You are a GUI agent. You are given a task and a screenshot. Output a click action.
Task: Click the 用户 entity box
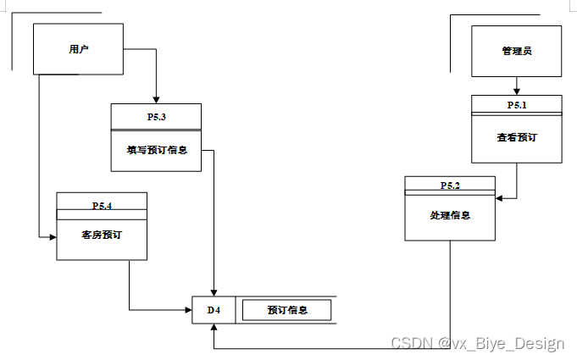coord(78,49)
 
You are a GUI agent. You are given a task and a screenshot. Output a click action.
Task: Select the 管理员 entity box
coord(516,51)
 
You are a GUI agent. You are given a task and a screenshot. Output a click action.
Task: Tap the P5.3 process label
coord(156,116)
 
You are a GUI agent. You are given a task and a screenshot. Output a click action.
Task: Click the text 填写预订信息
coord(157,150)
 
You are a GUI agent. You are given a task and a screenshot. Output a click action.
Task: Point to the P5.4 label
coord(102,204)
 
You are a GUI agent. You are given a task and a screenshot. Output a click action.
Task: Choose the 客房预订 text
coord(102,234)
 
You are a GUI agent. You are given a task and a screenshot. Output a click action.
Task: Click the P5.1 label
coord(517,105)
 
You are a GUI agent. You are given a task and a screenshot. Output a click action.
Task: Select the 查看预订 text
coord(517,137)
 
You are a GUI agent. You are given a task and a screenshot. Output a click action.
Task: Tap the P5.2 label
coord(450,186)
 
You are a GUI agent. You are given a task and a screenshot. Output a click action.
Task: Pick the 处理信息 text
coord(450,215)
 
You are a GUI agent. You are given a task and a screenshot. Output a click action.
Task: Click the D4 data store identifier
coord(214,310)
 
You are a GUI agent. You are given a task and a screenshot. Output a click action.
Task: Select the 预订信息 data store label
coord(287,310)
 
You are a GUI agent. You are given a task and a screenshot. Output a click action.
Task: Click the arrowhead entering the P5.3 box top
coord(157,99)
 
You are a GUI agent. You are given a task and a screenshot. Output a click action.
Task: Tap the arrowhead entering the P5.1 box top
coord(517,91)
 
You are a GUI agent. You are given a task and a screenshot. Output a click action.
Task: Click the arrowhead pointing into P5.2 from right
coord(500,199)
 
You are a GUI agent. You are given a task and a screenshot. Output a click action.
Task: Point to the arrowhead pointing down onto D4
coord(214,292)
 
